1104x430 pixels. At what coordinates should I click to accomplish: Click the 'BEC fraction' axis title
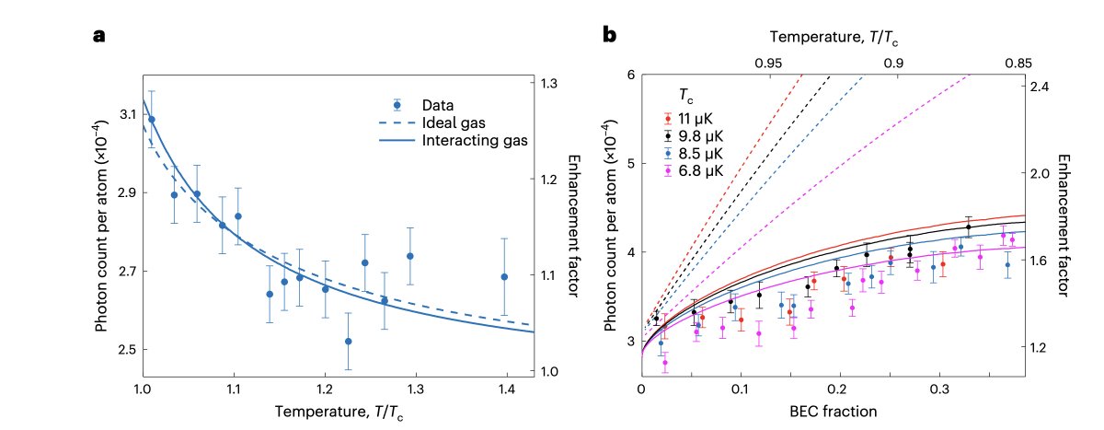point(833,408)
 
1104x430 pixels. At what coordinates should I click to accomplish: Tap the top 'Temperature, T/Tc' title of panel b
point(832,38)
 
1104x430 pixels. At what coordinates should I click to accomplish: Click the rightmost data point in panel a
point(504,276)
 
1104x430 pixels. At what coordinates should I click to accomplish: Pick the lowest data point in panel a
point(348,342)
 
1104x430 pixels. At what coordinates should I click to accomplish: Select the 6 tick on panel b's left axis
point(630,75)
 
